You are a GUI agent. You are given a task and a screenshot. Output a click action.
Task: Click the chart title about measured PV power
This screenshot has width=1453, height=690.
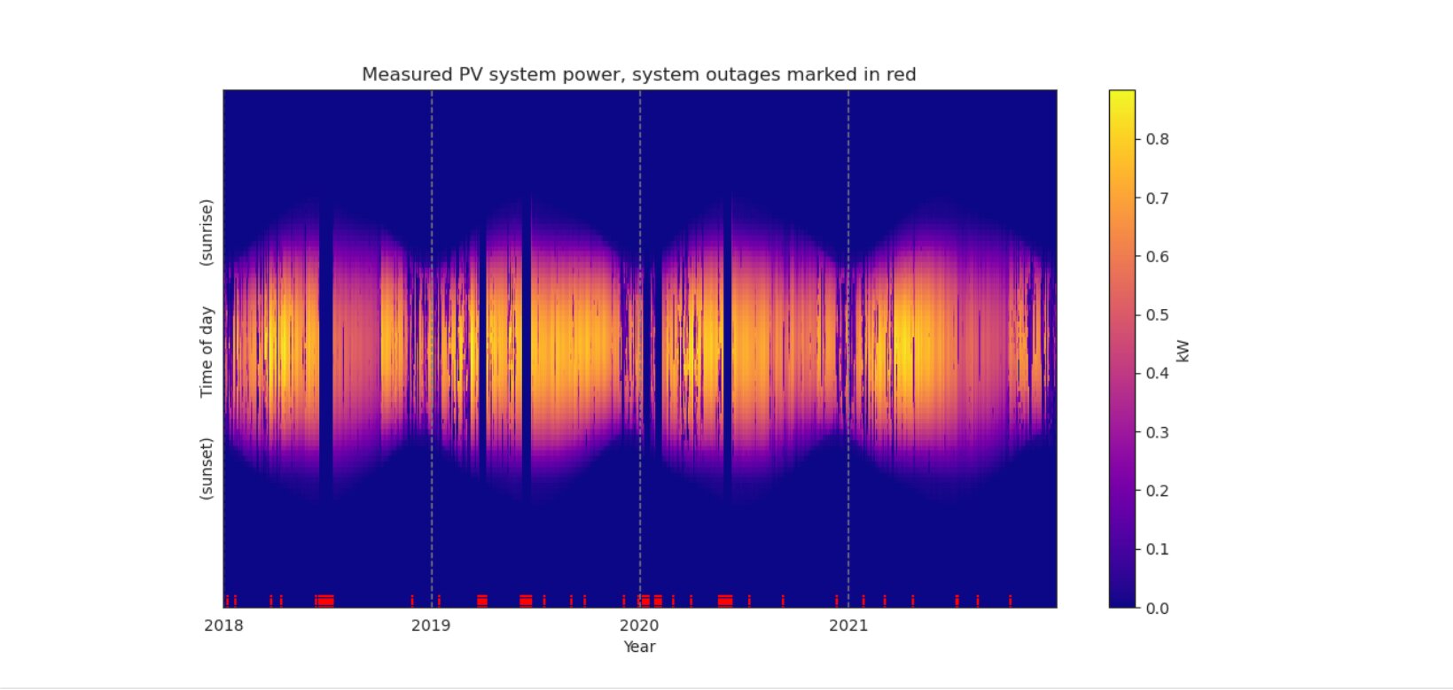click(x=638, y=75)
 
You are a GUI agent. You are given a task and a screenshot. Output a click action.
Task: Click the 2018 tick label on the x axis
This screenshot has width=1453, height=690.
click(x=223, y=626)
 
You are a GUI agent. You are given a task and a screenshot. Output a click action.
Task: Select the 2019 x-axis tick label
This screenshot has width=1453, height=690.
click(x=431, y=626)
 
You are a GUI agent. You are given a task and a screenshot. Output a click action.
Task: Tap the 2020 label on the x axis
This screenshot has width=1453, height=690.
click(x=639, y=626)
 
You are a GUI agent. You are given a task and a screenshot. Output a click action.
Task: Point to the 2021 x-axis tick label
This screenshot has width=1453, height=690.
click(x=848, y=626)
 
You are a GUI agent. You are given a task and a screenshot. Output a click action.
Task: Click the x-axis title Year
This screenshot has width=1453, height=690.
click(x=639, y=647)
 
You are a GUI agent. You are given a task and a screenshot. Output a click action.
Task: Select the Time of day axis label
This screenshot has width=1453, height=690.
click(x=207, y=352)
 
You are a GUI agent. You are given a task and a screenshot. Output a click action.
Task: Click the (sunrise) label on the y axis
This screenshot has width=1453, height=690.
click(x=207, y=232)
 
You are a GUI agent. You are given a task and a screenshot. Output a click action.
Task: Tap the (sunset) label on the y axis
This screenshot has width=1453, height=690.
click(x=207, y=469)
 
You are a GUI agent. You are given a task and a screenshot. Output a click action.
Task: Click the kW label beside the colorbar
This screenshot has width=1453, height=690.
click(x=1183, y=351)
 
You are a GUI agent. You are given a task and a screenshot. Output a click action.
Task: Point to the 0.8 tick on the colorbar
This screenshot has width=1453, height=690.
click(x=1157, y=139)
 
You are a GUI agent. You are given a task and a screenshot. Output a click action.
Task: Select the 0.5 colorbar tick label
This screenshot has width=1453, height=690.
click(x=1157, y=315)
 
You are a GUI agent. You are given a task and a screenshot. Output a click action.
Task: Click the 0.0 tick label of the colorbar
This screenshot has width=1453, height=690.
click(x=1157, y=609)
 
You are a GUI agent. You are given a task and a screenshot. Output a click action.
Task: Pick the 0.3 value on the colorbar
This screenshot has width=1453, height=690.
click(x=1157, y=432)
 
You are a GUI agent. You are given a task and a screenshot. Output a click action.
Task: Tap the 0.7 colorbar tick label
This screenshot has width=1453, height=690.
click(x=1157, y=198)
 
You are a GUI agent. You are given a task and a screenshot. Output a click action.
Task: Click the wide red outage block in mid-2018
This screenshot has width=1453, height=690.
click(x=325, y=601)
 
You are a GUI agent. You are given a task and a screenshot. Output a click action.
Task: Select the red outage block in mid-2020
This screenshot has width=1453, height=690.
click(x=725, y=601)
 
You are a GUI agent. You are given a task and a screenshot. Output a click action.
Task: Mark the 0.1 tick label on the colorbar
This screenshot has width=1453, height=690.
click(x=1157, y=549)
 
